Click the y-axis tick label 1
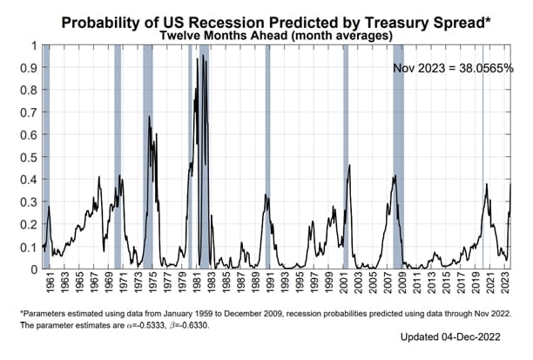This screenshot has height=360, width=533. click(34, 45)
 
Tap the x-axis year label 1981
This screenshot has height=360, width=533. click(198, 285)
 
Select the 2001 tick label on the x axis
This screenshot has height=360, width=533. click(345, 285)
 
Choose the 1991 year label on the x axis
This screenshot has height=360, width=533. click(272, 285)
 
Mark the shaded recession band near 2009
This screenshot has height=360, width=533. click(398, 157)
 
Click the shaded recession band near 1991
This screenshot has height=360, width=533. click(267, 157)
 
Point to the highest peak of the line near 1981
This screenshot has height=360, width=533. click(203, 54)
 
